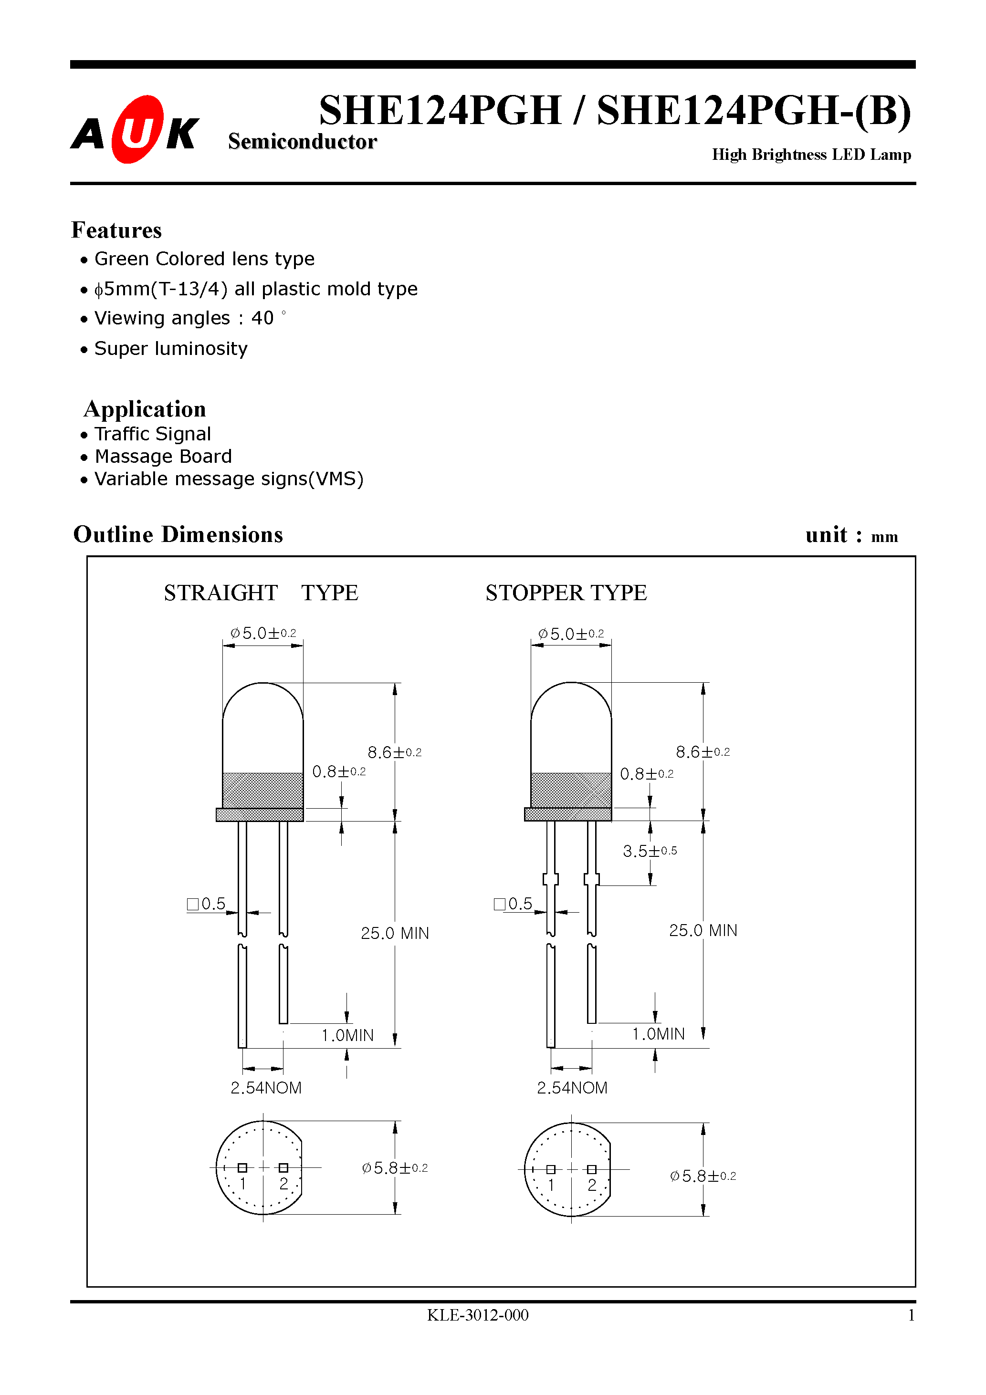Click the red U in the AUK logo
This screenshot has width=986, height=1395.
pyautogui.click(x=138, y=129)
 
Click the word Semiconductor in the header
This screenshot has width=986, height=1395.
pyautogui.click(x=302, y=142)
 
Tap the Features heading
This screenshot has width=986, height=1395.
pyautogui.click(x=116, y=230)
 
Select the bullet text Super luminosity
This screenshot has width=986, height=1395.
pyautogui.click(x=171, y=349)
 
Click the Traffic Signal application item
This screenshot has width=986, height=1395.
pyautogui.click(x=153, y=434)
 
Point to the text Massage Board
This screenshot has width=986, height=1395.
pyautogui.click(x=163, y=456)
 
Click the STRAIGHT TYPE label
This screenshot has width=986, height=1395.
pyautogui.click(x=261, y=593)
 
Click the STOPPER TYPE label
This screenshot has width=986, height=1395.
pyautogui.click(x=566, y=593)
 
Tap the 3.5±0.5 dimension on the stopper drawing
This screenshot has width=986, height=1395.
pyautogui.click(x=649, y=851)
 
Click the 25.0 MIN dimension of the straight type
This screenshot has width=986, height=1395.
pyautogui.click(x=395, y=933)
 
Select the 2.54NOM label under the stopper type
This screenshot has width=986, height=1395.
pyautogui.click(x=572, y=1088)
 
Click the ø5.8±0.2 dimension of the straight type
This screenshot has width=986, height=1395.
pyautogui.click(x=395, y=1168)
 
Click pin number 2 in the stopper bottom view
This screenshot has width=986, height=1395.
pyautogui.click(x=591, y=1185)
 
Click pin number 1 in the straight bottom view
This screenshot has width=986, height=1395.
pyautogui.click(x=242, y=1184)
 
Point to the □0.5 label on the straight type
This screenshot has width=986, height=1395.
pyautogui.click(x=207, y=904)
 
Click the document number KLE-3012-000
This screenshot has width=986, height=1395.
pyautogui.click(x=477, y=1315)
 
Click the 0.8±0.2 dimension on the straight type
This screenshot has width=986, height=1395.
pyautogui.click(x=338, y=771)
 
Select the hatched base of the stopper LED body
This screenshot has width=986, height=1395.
pyautogui.click(x=571, y=790)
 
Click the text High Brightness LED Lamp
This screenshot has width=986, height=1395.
pyautogui.click(x=811, y=155)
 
